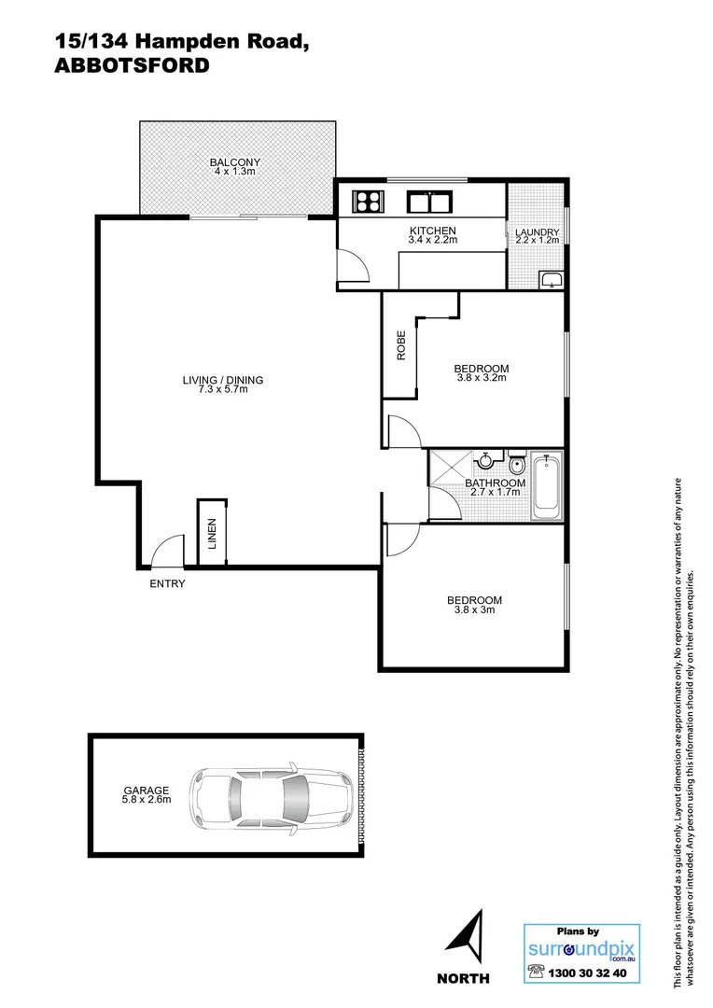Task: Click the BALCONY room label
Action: coord(234,162)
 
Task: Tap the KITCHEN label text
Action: coord(432,231)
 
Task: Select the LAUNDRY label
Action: coord(538,232)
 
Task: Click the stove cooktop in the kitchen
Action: coord(368,201)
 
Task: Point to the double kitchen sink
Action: coord(429,201)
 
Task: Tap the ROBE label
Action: coord(400,346)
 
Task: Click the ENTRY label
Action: coord(168,584)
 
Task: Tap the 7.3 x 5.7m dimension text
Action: coord(222,389)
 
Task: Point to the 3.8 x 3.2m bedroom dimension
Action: coord(482,378)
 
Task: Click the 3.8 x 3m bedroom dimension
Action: coord(474,610)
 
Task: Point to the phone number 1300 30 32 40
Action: coord(591,973)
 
